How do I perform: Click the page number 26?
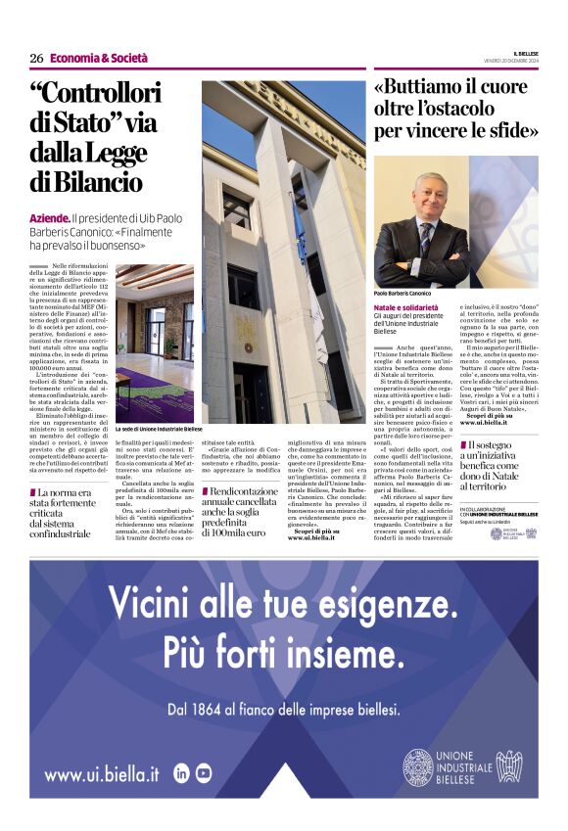[x=36, y=58]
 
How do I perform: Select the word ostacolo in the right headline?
[x=460, y=108]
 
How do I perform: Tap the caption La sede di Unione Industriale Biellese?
[x=159, y=429]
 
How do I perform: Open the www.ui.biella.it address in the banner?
[x=102, y=773]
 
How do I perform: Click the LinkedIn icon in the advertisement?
[x=181, y=772]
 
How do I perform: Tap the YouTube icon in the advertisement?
[x=204, y=772]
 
